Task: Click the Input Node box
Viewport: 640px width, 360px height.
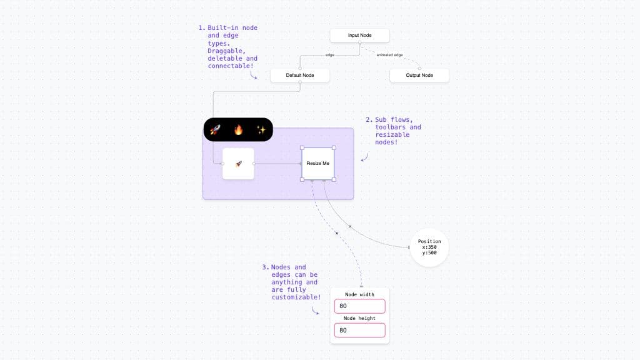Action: coord(359,36)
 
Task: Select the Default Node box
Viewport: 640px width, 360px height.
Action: coord(300,76)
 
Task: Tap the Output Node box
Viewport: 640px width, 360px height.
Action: coord(419,76)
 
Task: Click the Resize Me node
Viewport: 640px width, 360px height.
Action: coord(317,164)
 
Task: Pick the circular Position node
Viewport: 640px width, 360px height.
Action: coord(429,247)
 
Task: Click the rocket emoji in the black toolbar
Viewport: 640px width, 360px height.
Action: coord(215,130)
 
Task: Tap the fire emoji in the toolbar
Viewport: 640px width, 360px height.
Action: coord(238,130)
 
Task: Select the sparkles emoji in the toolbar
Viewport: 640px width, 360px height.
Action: coord(261,130)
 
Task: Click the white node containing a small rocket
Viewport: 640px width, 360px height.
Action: coord(238,164)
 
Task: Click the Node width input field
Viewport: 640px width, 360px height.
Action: coord(359,306)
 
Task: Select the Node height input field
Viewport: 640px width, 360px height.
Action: coord(359,330)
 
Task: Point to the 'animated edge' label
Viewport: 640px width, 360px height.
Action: coord(389,55)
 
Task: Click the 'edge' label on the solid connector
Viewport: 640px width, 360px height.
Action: coord(329,55)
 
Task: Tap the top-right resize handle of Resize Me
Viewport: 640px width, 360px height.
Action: coord(334,148)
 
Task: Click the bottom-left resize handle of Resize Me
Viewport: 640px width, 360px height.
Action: coord(302,179)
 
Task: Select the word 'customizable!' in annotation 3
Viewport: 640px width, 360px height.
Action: coord(296,297)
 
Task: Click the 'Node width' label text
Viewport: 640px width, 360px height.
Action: coord(359,294)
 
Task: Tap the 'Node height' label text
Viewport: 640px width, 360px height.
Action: coord(359,318)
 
